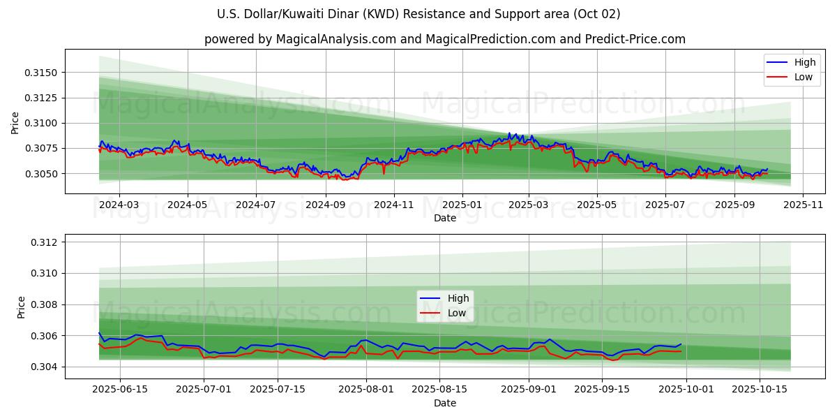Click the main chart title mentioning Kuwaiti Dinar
[418, 14]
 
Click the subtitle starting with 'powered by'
[445, 39]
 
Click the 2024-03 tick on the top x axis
[119, 205]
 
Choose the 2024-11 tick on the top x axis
[393, 205]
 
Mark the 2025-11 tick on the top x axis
[803, 205]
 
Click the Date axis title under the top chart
[445, 218]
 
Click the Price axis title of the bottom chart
[22, 307]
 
